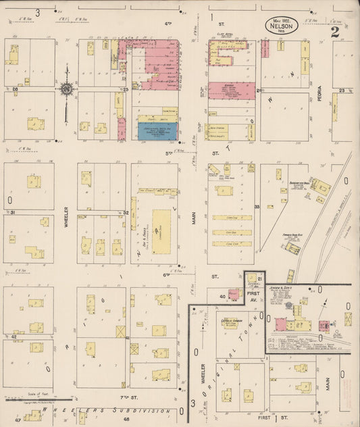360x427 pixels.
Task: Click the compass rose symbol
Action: pyautogui.click(x=67, y=89)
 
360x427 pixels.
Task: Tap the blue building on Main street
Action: pyautogui.click(x=157, y=130)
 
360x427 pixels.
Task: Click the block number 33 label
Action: pyautogui.click(x=257, y=206)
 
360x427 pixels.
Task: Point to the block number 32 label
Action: pyautogui.click(x=126, y=212)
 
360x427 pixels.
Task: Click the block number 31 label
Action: pyautogui.click(x=13, y=212)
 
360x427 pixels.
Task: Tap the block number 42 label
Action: pyautogui.click(x=13, y=336)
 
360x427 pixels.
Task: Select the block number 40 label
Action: pyautogui.click(x=222, y=296)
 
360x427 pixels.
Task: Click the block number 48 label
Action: pyautogui.click(x=126, y=420)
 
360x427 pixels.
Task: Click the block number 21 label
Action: pyautogui.click(x=259, y=278)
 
